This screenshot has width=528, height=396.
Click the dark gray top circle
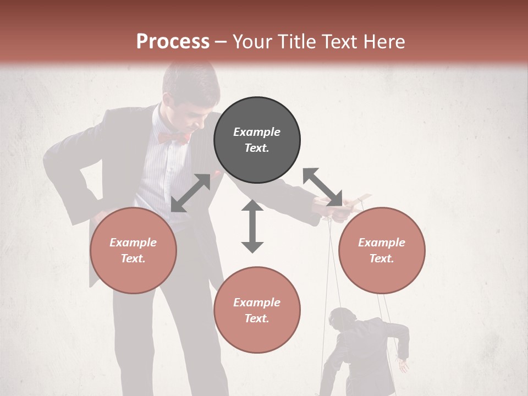[257, 140]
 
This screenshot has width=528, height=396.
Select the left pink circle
[133, 250]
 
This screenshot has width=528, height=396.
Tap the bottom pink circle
[257, 310]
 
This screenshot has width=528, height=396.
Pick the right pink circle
[382, 250]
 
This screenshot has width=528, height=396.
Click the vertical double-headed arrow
[252, 226]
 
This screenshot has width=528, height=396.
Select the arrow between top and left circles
[191, 193]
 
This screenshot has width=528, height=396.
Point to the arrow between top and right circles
[322, 187]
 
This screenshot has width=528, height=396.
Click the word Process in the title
[173, 41]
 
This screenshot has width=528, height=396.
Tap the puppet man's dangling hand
[404, 366]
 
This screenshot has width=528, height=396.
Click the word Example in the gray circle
[257, 132]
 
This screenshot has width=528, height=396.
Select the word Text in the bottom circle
[257, 318]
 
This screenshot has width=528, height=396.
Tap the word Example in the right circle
[382, 243]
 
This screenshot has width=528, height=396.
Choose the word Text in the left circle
[133, 258]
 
